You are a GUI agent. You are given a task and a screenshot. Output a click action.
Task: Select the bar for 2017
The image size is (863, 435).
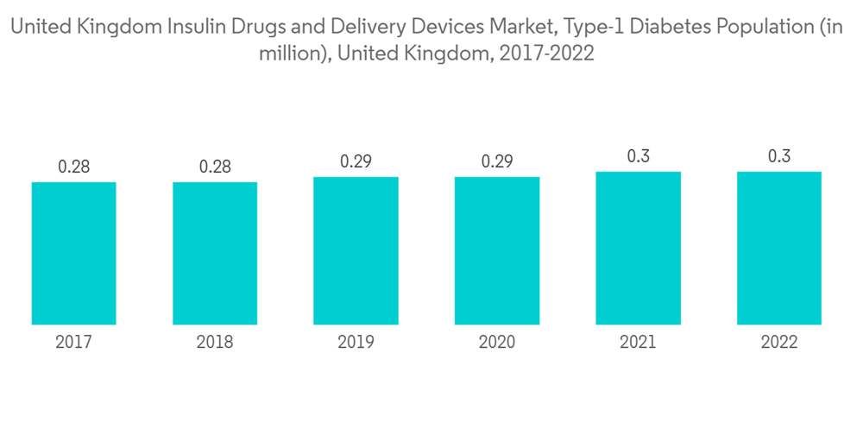74,253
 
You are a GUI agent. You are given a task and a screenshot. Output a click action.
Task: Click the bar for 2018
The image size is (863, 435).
215,253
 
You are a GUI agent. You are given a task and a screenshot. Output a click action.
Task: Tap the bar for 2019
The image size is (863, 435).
356,250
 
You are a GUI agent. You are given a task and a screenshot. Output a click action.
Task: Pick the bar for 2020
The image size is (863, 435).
496,250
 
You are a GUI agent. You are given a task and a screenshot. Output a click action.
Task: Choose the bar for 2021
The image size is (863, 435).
638,248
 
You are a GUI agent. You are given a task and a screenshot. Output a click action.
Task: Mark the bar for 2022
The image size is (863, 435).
778,248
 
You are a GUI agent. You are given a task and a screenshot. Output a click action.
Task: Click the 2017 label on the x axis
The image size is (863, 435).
74,343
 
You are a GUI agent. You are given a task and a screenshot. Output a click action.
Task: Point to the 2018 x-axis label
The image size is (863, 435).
215,343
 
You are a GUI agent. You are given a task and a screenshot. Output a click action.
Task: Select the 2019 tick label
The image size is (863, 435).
356,343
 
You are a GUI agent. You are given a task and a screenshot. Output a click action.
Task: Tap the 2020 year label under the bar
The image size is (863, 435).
496,343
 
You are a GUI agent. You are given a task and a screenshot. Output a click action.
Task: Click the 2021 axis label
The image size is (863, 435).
638,343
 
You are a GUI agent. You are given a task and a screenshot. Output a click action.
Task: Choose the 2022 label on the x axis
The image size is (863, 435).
778,343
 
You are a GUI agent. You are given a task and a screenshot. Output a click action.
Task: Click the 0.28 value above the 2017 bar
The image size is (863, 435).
74,167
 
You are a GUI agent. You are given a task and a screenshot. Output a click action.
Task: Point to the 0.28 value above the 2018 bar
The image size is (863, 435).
215,167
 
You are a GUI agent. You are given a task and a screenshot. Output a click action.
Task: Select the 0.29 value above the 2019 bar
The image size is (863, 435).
356,161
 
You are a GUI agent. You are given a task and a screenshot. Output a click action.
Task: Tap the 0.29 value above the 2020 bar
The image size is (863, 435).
496,161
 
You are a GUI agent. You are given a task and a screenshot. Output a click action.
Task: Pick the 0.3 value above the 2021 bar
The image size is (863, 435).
638,156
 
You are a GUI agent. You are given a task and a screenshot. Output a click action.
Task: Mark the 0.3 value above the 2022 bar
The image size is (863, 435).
778,156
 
